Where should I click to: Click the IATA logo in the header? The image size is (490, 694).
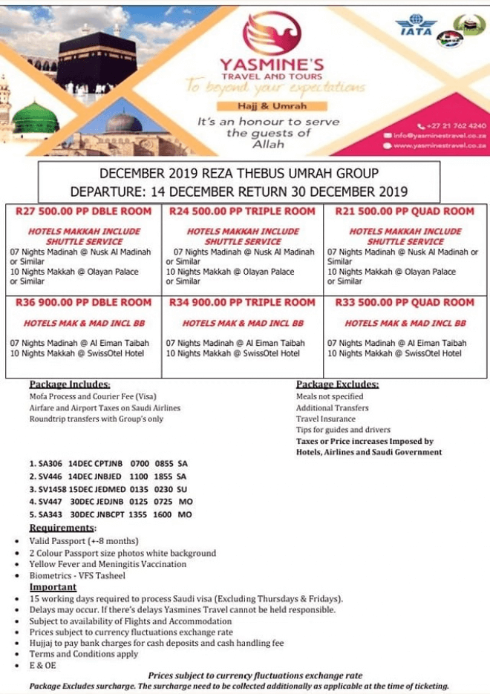click(x=416, y=25)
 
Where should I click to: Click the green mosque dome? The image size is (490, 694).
click(x=35, y=119)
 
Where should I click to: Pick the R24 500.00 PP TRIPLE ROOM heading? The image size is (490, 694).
click(x=242, y=212)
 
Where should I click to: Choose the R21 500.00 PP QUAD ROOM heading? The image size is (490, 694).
click(x=405, y=212)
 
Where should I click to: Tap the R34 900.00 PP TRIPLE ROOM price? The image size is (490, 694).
click(x=242, y=303)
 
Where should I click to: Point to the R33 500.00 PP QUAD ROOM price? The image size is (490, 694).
click(x=405, y=303)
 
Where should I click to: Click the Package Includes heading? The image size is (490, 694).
click(x=70, y=384)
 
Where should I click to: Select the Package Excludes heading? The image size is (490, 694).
click(x=337, y=384)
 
